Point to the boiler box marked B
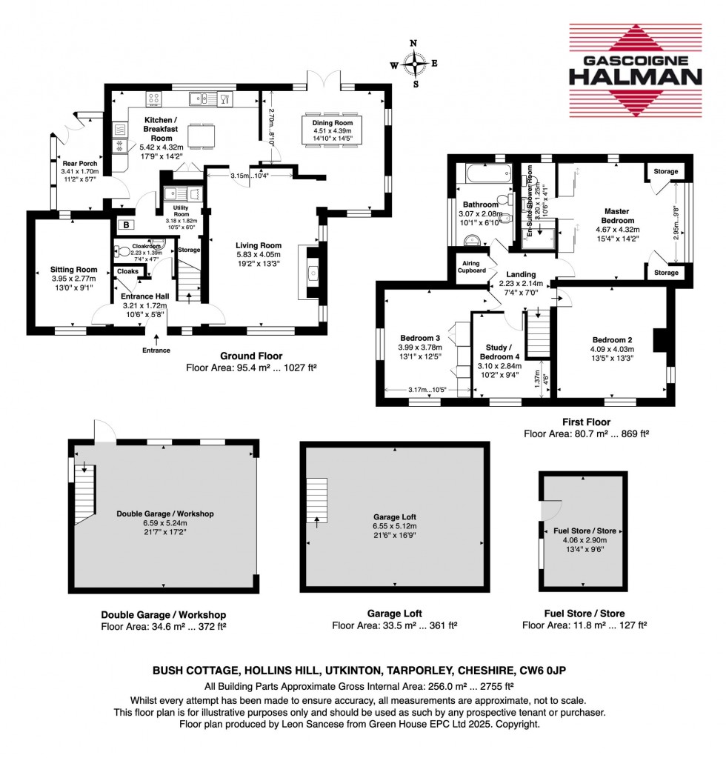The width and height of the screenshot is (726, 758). (127, 225)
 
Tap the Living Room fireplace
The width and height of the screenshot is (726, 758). (311, 273)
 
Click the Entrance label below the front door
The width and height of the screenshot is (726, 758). (156, 350)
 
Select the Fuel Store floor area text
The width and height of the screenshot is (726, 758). (585, 625)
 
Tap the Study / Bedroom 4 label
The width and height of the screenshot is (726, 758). (502, 351)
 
